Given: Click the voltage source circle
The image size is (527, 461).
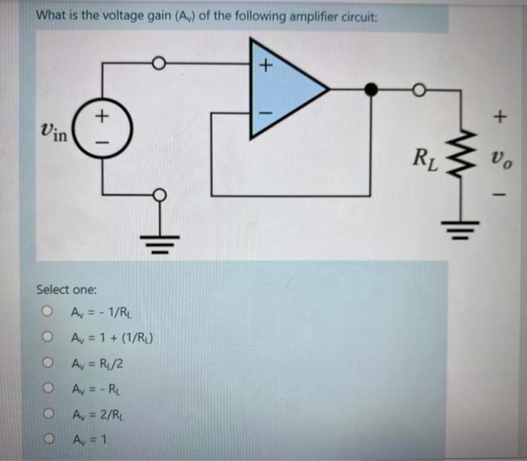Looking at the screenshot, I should pyautogui.click(x=104, y=129).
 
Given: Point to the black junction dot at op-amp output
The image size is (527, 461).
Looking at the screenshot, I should pyautogui.click(x=371, y=89).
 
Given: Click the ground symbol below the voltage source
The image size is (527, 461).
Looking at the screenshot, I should pyautogui.click(x=158, y=239).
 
